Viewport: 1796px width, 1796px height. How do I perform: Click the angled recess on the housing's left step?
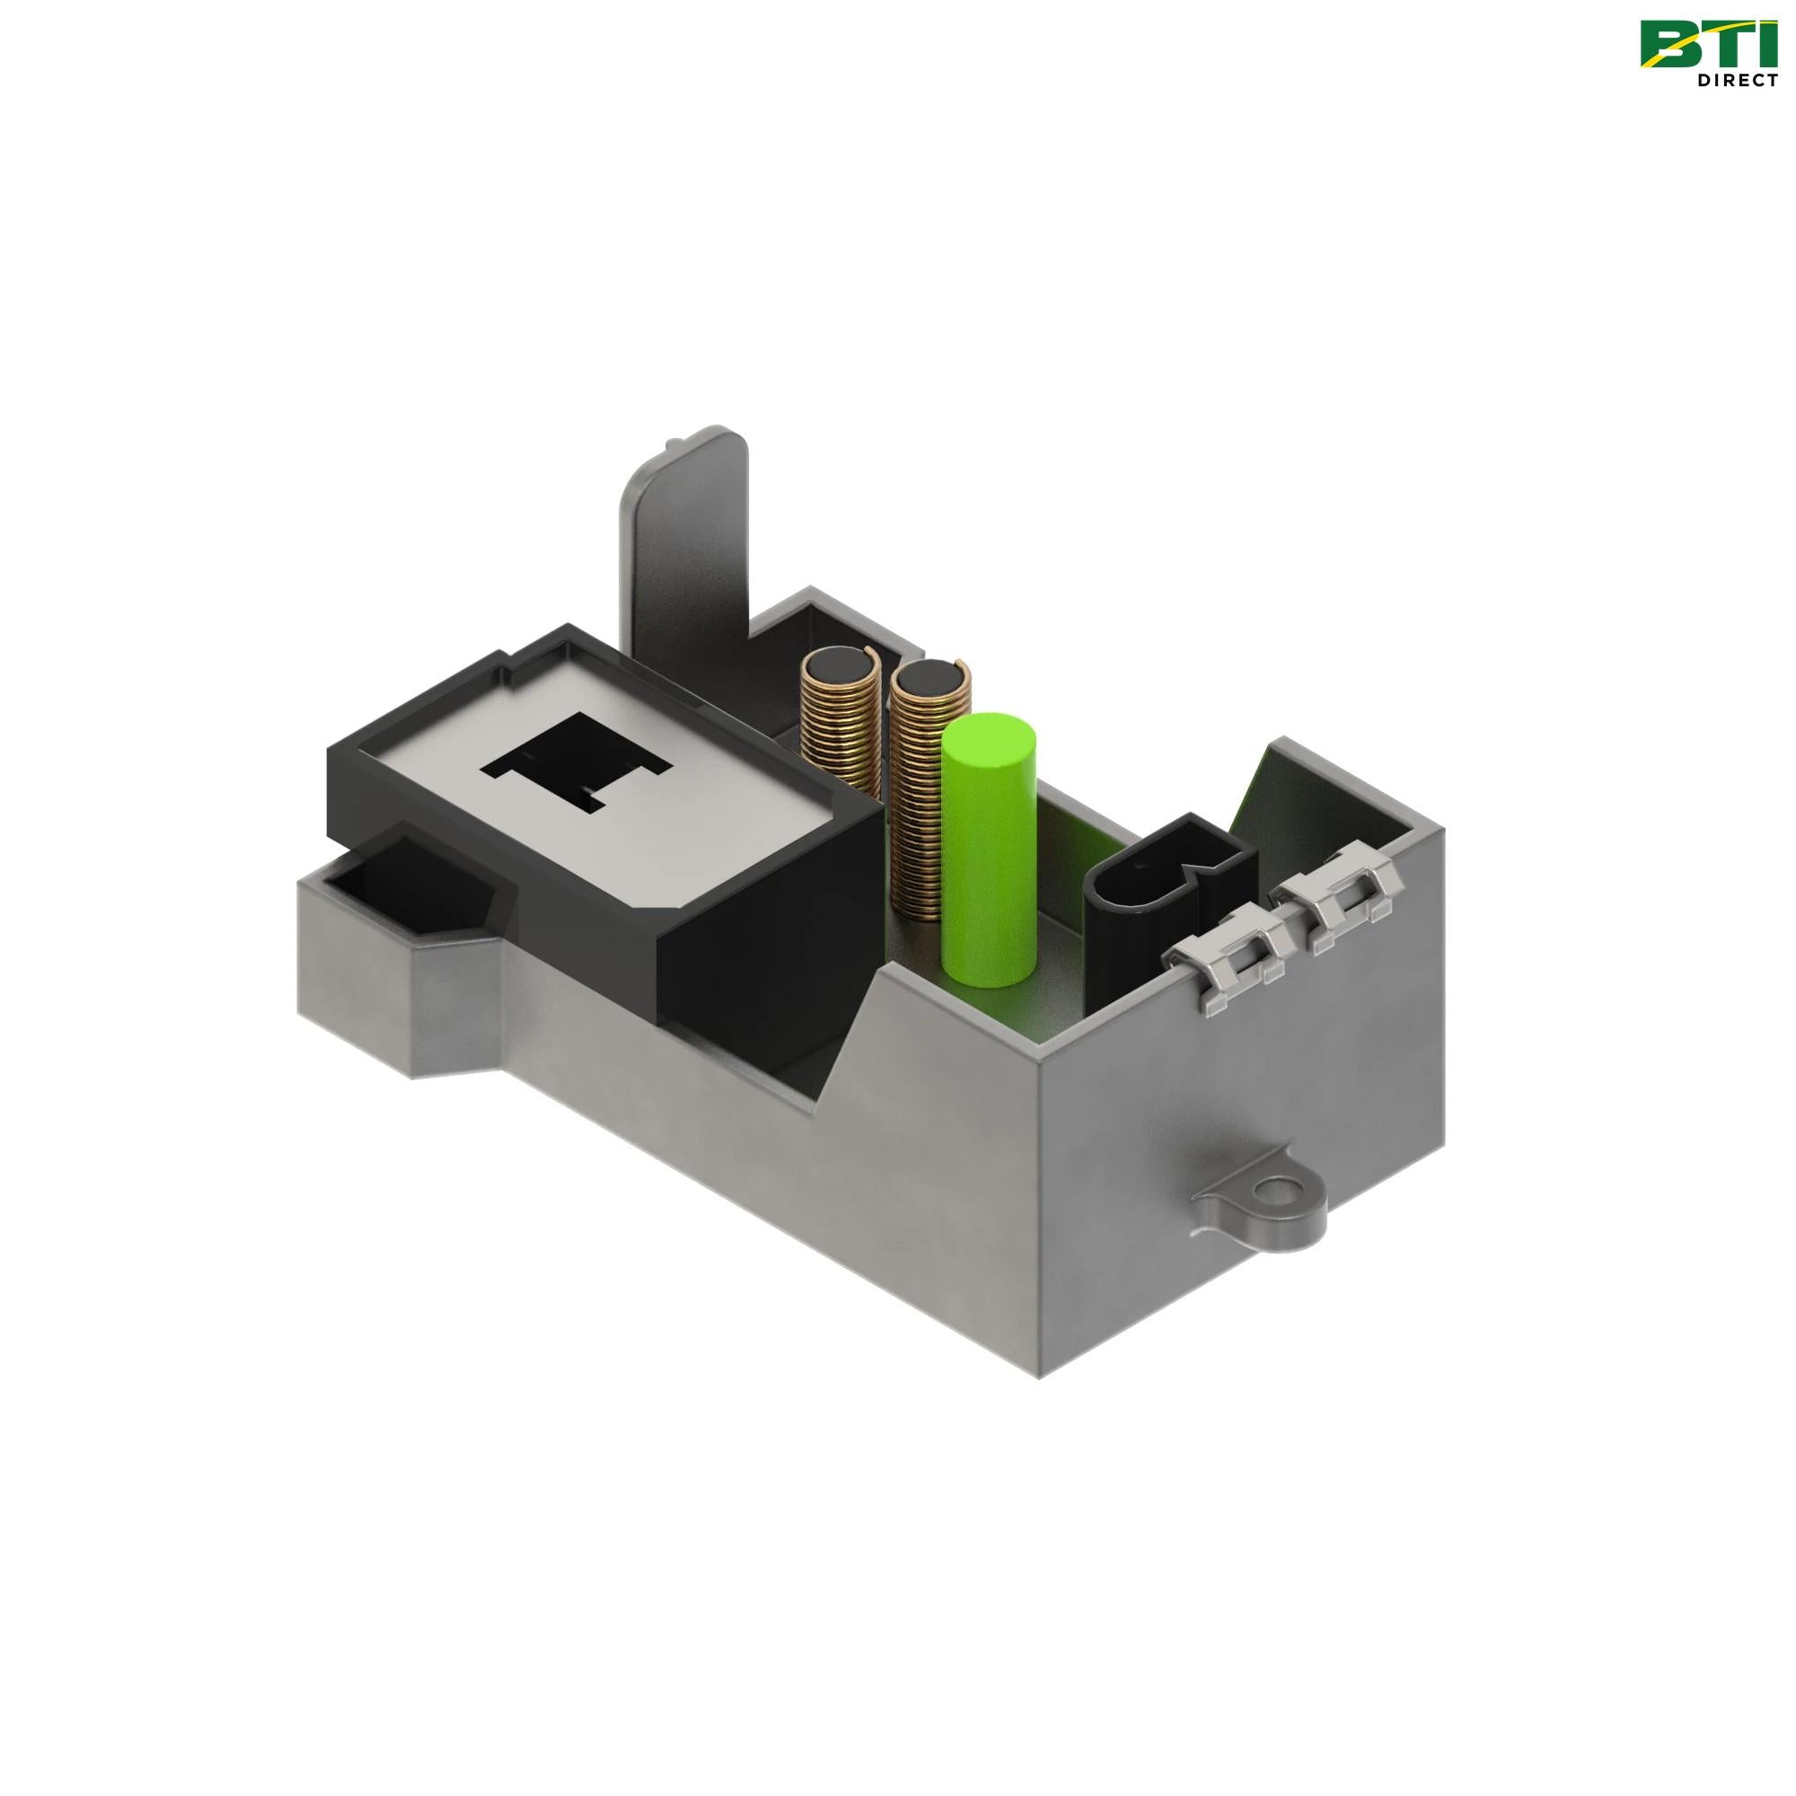pos(409,888)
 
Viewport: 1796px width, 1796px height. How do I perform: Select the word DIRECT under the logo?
pos(1737,81)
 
